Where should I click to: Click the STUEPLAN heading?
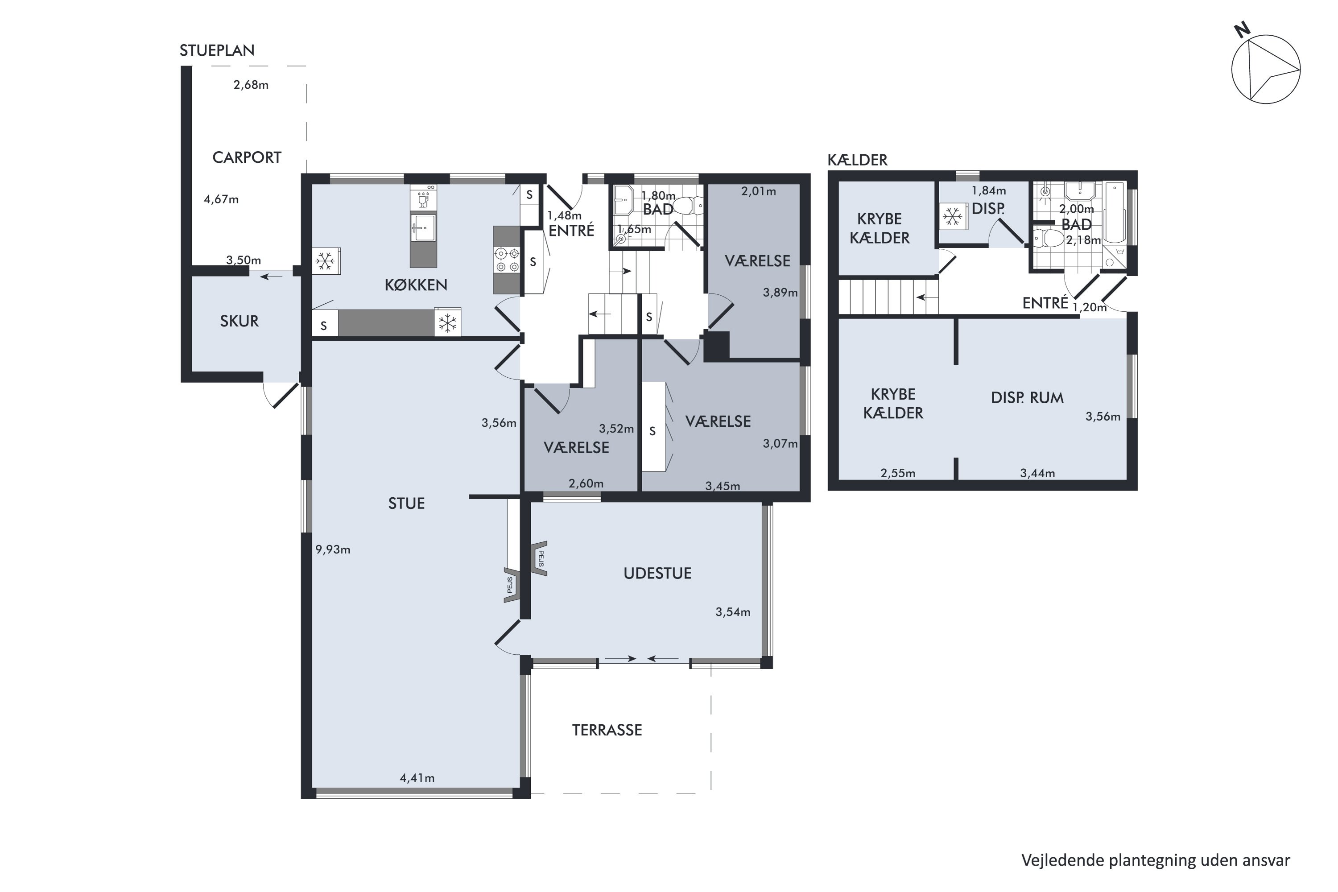point(217,51)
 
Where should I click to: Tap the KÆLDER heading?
point(857,161)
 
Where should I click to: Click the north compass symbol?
point(1265,68)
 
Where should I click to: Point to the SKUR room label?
point(239,322)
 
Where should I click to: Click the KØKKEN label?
point(416,285)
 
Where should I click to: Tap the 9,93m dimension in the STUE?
point(333,549)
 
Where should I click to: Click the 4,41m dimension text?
point(417,778)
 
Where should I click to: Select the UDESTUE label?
point(657,574)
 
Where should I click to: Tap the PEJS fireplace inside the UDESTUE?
point(539,559)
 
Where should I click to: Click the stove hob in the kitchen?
point(507,260)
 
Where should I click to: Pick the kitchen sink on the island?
point(423,227)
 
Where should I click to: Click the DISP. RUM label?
point(1027,398)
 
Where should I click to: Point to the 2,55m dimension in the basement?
point(898,473)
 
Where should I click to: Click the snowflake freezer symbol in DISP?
point(952,216)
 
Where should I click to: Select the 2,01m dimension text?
point(758,192)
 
